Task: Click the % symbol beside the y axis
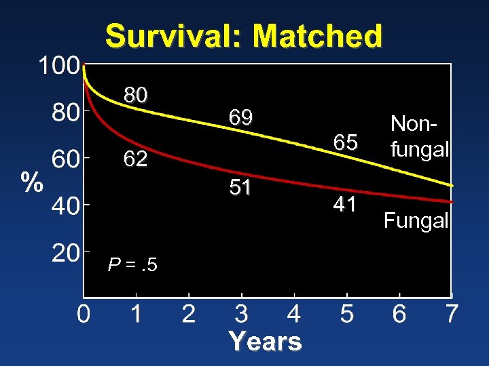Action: [x=31, y=182]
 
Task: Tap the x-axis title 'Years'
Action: [x=265, y=341]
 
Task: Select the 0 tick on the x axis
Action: [x=83, y=314]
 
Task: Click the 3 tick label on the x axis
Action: [x=241, y=314]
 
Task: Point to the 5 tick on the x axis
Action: [x=346, y=314]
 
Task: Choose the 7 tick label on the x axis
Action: [x=452, y=314]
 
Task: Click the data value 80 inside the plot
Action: [x=135, y=96]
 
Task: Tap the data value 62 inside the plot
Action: [x=135, y=159]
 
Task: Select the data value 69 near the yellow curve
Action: [x=240, y=118]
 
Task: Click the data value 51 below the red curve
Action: [x=240, y=188]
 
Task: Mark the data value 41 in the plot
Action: [x=345, y=204]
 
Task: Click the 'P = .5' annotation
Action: [x=132, y=265]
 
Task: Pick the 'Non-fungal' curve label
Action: [x=420, y=136]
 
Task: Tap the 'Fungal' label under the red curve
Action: [x=416, y=220]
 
